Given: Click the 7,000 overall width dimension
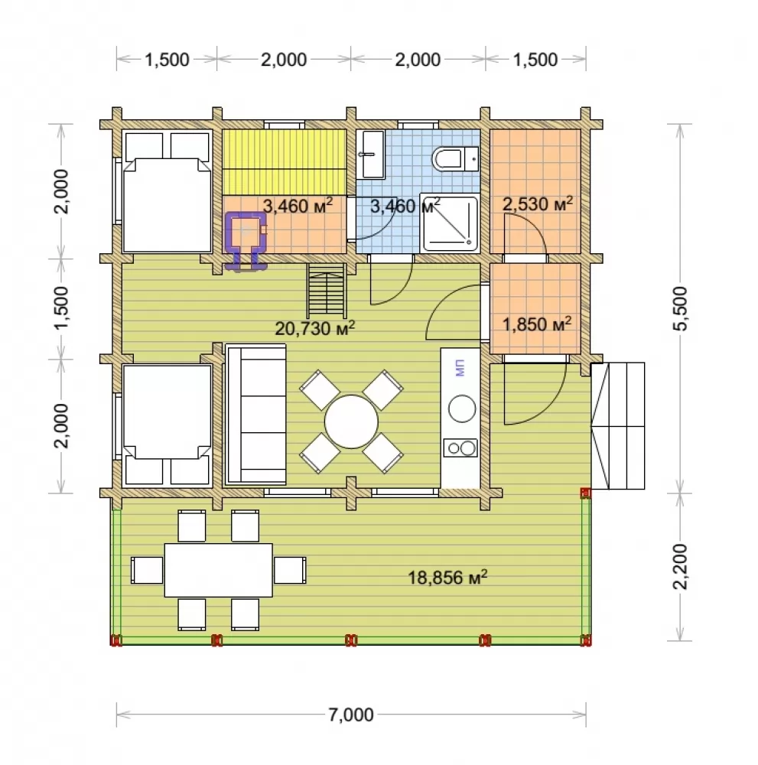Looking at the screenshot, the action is [351, 715].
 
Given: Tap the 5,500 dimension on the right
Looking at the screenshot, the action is [679, 308].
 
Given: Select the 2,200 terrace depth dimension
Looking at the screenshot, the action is [679, 566].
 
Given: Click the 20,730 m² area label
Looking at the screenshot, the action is [314, 328].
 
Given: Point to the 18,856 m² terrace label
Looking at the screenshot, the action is [447, 577].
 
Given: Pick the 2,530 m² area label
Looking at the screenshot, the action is [538, 204].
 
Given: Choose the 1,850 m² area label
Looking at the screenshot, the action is [536, 324].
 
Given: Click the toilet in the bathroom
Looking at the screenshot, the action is [454, 158].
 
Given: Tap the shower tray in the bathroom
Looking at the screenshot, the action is [448, 223].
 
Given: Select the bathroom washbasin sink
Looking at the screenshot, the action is [370, 155].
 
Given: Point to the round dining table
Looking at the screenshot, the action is [351, 422].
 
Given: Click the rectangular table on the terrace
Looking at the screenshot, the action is [218, 570].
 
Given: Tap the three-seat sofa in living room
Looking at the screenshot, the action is [255, 415].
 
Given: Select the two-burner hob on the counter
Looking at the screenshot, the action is [460, 448].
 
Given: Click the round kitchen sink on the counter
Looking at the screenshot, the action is [462, 409].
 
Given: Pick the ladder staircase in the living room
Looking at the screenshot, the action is [327, 291].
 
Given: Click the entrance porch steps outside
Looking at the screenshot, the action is [617, 425].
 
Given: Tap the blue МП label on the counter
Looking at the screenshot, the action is [460, 368].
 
